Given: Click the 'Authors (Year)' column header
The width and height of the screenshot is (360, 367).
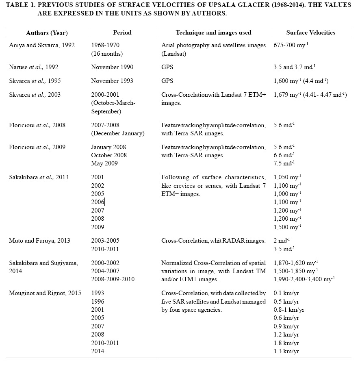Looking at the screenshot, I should coord(47,33).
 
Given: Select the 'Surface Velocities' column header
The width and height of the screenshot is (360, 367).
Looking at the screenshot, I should coord(310,33).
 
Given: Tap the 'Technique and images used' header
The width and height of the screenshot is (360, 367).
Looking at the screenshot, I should coord(213,33).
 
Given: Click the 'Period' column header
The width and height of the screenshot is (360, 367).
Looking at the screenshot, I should coord(122,33).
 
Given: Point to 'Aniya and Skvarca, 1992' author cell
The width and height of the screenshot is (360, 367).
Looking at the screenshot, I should coord(41,45).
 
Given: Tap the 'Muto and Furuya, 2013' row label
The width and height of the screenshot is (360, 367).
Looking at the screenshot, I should coord(39,241).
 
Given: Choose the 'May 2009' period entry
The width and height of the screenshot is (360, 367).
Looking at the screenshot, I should coord(104,163).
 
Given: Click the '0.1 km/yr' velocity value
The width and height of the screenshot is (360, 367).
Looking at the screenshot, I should coord(286,293).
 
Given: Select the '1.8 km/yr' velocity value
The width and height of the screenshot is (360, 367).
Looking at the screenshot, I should coord(286,343).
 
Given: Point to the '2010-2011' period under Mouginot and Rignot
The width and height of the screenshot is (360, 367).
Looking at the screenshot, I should coord(105,343).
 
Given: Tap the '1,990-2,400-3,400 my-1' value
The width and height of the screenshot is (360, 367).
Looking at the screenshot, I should coord(304,279).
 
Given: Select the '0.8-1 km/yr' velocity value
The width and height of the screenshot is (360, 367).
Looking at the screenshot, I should coord(289,310).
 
